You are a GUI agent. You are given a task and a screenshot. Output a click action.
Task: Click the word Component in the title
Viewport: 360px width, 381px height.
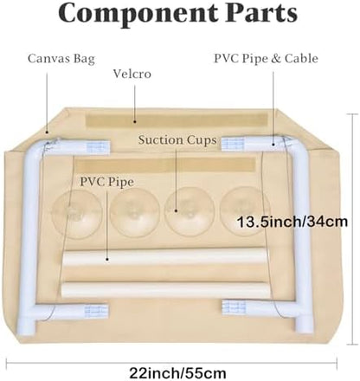(x=138, y=14)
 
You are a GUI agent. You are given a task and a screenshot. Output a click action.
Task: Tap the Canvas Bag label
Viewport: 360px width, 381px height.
(x=61, y=59)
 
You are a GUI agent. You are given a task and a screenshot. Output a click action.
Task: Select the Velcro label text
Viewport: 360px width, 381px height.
(x=132, y=74)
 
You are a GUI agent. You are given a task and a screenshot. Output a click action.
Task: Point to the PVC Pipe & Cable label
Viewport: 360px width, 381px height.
(x=266, y=59)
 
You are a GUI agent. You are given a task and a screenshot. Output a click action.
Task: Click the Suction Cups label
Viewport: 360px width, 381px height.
(x=177, y=140)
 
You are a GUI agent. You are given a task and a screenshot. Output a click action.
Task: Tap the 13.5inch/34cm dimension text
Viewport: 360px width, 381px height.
(x=292, y=222)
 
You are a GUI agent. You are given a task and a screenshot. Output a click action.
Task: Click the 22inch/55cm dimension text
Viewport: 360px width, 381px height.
(x=177, y=373)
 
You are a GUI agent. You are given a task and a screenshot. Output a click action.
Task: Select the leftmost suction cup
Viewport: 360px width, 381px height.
(x=77, y=214)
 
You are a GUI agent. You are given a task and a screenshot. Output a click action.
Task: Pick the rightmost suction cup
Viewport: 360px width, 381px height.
(x=245, y=211)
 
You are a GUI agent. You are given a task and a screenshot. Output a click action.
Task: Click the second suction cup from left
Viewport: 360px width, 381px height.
(x=135, y=213)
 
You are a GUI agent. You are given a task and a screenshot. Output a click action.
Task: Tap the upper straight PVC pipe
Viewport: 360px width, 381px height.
(x=164, y=256)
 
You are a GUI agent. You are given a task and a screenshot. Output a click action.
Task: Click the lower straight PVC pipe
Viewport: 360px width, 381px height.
(x=165, y=290)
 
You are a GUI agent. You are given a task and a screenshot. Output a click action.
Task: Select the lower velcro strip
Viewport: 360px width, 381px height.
(x=165, y=165)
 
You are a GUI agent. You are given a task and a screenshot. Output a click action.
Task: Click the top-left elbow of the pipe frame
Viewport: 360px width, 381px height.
(x=33, y=149)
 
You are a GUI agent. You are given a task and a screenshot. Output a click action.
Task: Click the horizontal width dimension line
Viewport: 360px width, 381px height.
(x=171, y=359)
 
